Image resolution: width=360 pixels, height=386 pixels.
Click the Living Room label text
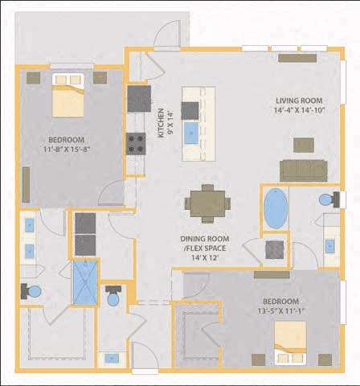click(300, 101)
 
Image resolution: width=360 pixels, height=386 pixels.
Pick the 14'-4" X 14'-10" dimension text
click(300, 111)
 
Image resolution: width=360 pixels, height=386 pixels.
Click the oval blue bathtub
click(276, 208)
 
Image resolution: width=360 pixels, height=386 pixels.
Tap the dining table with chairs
click(207, 203)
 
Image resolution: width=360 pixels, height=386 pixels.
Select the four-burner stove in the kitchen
click(137, 143)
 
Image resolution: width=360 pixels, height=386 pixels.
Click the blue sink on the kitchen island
click(190, 133)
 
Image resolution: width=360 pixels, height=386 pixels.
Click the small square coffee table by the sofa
click(303, 145)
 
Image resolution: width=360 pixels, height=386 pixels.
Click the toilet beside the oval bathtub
click(327, 199)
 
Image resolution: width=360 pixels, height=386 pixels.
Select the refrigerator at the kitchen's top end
click(139, 98)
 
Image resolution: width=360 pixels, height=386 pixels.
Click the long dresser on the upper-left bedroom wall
click(26, 184)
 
